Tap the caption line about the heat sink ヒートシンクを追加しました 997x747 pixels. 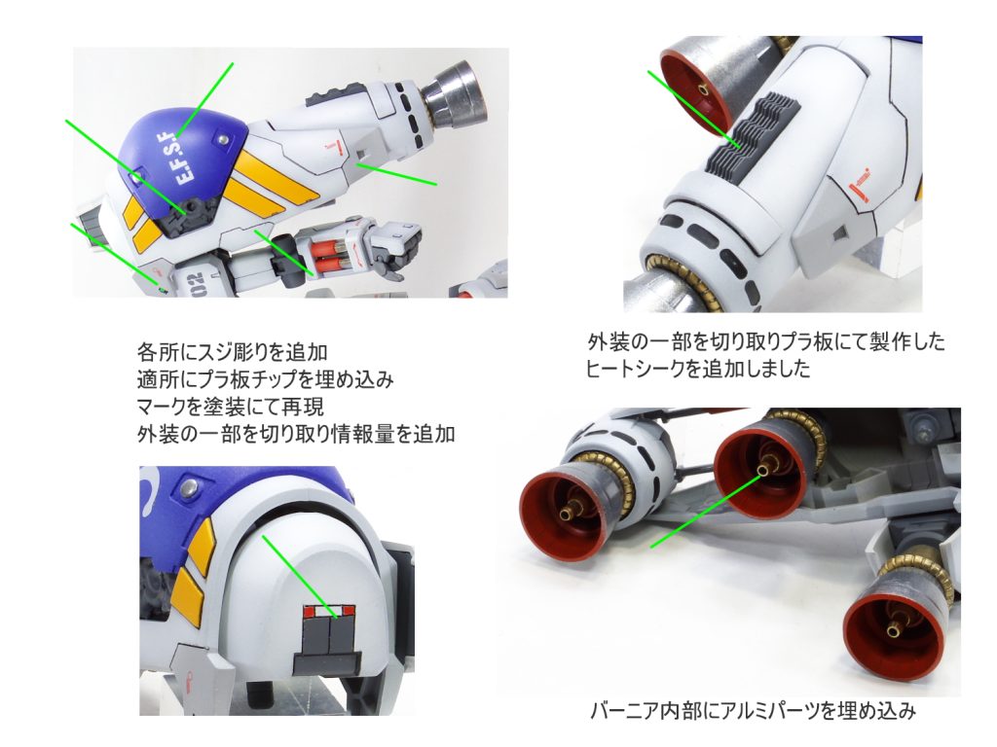pyautogui.click(x=697, y=369)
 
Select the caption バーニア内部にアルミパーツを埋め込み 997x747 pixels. pyautogui.click(x=753, y=709)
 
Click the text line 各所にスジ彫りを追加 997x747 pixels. pyautogui.click(x=232, y=352)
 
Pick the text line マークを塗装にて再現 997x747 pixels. pyautogui.click(x=231, y=406)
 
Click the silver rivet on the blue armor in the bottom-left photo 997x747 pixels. pyautogui.click(x=189, y=488)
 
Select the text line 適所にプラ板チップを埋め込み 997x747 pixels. pyautogui.click(x=265, y=379)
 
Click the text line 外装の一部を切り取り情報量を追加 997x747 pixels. pyautogui.click(x=296, y=434)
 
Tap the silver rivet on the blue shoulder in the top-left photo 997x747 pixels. pyautogui.click(x=223, y=138)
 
